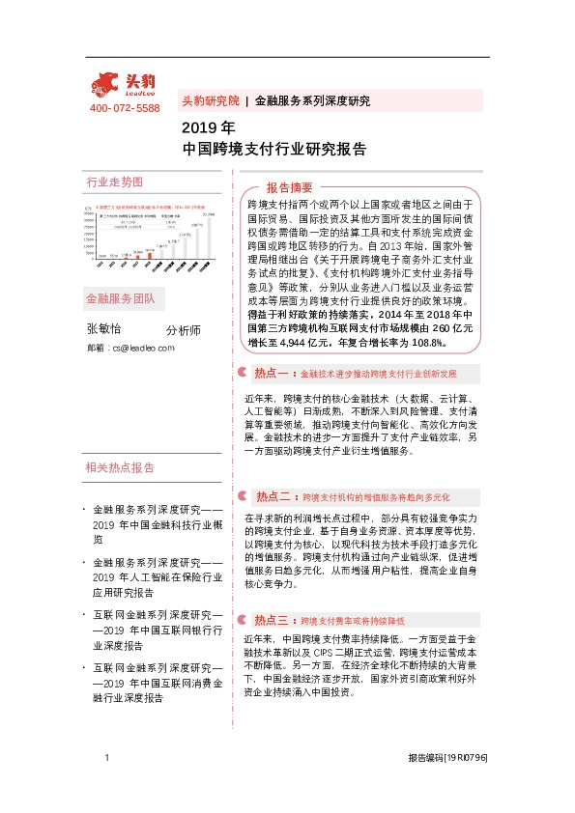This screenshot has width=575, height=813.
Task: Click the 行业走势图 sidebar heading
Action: (114, 182)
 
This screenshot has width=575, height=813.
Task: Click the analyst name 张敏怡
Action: (105, 329)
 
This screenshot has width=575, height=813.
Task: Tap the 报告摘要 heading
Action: (290, 187)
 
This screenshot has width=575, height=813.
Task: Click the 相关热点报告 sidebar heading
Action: (121, 468)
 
